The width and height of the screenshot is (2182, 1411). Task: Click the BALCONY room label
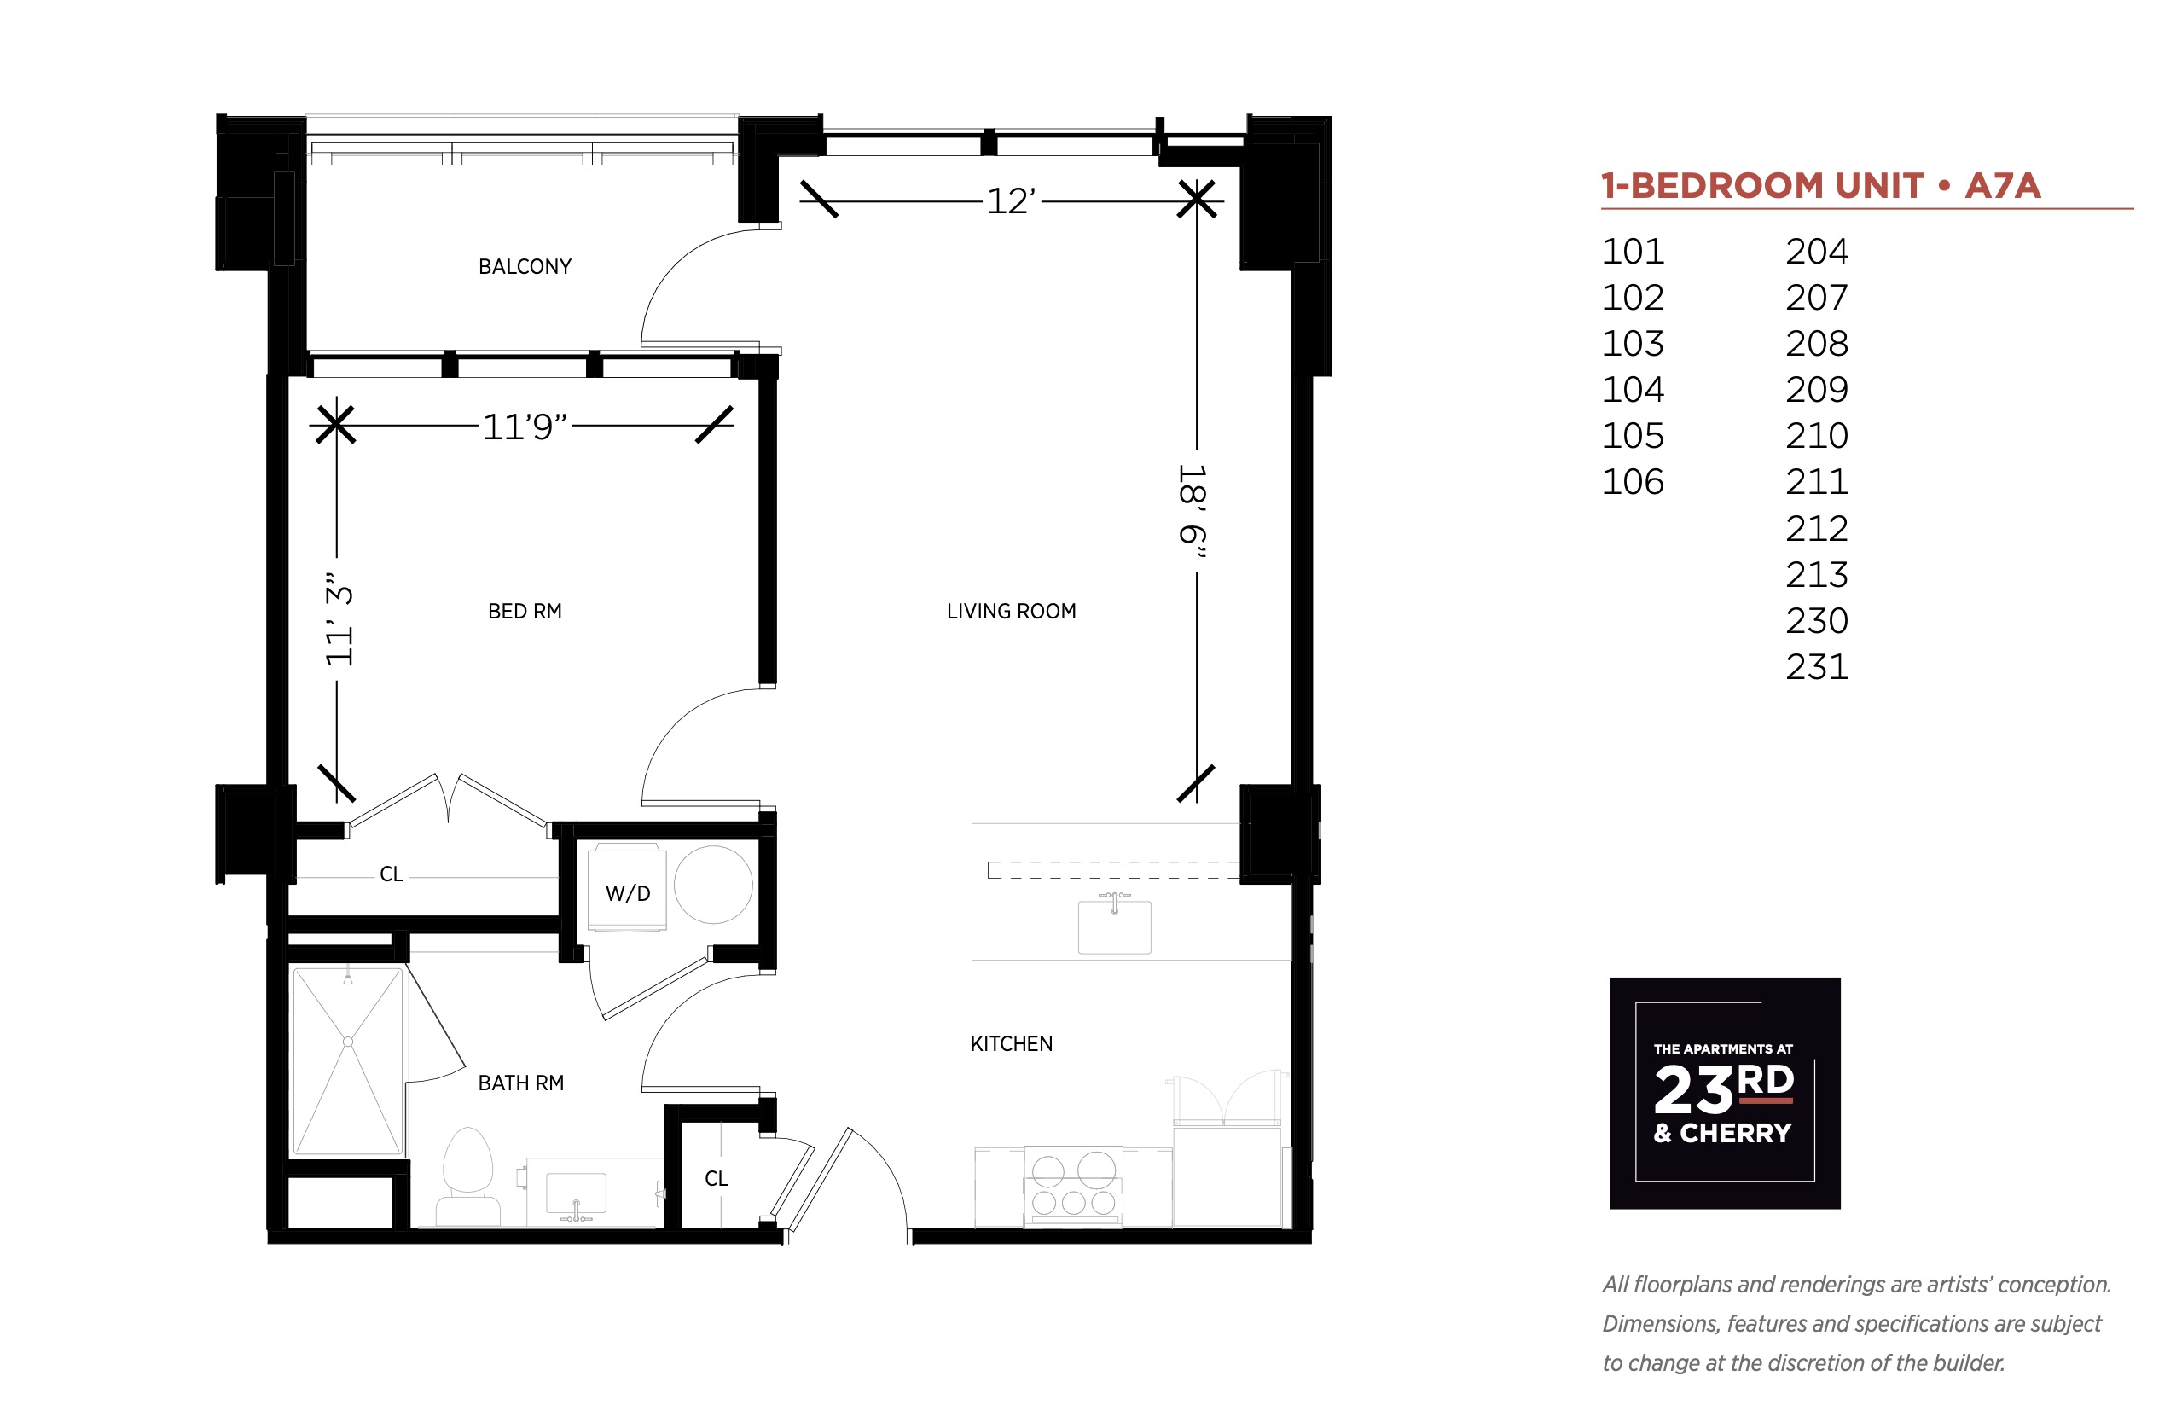(x=524, y=267)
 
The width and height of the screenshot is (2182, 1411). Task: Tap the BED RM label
(x=524, y=611)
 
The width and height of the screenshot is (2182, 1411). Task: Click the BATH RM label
(x=520, y=1083)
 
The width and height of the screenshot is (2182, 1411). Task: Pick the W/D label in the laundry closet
(x=628, y=893)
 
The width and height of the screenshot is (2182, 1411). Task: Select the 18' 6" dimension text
(x=1192, y=510)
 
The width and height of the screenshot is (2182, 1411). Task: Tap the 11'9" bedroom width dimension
(x=524, y=426)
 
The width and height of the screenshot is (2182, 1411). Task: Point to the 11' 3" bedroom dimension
(x=338, y=619)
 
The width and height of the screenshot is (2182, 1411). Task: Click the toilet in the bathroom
(x=467, y=1177)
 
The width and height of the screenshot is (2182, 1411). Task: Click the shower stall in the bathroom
(x=347, y=1061)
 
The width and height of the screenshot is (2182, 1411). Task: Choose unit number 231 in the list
(x=1817, y=667)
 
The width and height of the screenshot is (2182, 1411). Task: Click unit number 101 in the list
(x=1633, y=251)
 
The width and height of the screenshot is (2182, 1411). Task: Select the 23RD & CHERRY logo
(x=1724, y=1092)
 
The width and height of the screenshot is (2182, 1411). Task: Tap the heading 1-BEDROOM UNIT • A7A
(x=1820, y=186)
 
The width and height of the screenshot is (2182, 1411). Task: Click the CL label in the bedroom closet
(x=392, y=874)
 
